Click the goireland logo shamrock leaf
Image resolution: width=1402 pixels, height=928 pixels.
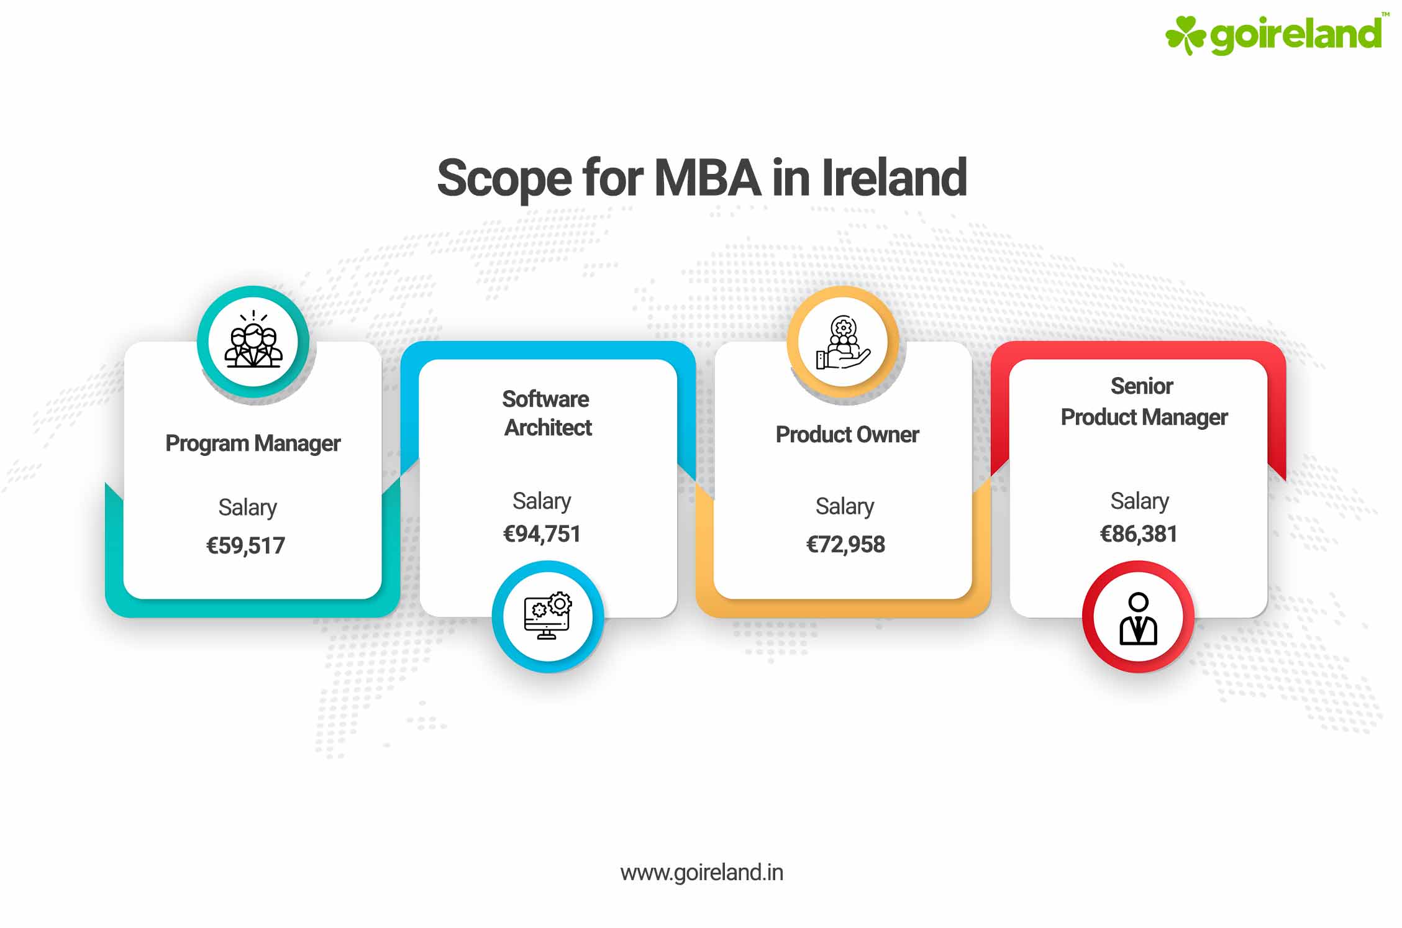click(x=1185, y=34)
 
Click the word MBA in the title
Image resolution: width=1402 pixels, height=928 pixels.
click(x=707, y=178)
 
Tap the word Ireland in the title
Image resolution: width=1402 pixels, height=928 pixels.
click(x=894, y=178)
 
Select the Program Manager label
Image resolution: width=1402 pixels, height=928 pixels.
click(x=253, y=444)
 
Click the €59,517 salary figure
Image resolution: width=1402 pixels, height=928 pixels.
click(x=245, y=545)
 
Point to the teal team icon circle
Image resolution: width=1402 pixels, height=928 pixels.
click(x=253, y=342)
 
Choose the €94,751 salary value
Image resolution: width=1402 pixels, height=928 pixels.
click(x=542, y=534)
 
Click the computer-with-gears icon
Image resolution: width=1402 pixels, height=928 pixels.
click(x=548, y=616)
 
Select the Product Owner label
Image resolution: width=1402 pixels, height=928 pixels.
click(x=847, y=435)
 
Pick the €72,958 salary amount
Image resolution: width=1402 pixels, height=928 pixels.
click(x=845, y=544)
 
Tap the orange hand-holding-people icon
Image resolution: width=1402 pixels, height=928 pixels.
click(x=843, y=342)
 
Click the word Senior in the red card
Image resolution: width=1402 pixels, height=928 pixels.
click(x=1142, y=386)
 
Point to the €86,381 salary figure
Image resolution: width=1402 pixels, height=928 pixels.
click(x=1139, y=534)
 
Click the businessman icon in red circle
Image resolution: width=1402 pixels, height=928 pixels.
click(x=1138, y=617)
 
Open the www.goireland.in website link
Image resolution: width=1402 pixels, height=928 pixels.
click(x=701, y=873)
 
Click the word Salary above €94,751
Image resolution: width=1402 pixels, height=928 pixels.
click(x=542, y=501)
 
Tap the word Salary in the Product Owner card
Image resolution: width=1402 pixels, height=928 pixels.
click(x=845, y=506)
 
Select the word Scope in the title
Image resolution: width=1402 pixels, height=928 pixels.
click(x=504, y=179)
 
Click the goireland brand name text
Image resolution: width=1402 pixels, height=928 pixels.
click(x=1296, y=34)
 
